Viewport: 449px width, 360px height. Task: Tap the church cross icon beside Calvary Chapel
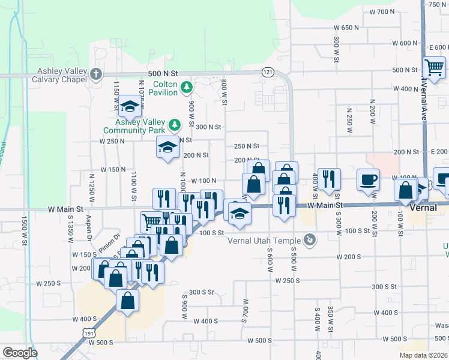click(x=96, y=75)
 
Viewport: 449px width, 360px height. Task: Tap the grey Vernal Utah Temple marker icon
click(x=309, y=241)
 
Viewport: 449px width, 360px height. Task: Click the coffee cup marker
click(x=368, y=179)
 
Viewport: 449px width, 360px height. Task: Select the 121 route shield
click(x=268, y=72)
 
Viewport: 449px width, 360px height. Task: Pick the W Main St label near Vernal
click(x=328, y=205)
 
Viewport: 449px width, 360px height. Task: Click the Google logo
click(x=20, y=352)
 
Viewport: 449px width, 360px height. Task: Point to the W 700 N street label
click(x=381, y=11)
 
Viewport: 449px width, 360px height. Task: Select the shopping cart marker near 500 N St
click(x=433, y=67)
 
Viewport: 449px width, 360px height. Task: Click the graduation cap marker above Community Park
click(x=129, y=107)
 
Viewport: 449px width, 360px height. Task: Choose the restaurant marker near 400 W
click(x=328, y=179)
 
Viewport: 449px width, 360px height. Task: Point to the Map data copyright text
click(x=424, y=355)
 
